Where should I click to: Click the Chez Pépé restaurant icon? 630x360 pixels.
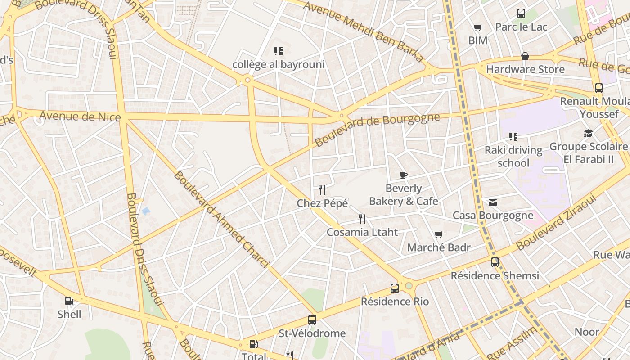(x=322, y=190)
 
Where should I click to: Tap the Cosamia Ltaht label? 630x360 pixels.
(x=362, y=232)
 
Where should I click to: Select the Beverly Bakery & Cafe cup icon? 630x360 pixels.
(x=404, y=175)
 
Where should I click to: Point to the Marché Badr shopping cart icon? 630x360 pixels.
(x=439, y=234)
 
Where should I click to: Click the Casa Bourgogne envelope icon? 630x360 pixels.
(x=493, y=202)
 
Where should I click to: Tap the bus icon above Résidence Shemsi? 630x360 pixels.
(x=495, y=262)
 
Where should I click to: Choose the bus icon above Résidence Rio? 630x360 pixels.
(x=395, y=288)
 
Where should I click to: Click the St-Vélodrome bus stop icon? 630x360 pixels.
(x=312, y=320)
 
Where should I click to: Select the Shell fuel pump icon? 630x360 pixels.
(x=69, y=301)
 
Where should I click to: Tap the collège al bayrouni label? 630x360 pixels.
(x=278, y=64)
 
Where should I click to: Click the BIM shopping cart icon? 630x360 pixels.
(x=478, y=27)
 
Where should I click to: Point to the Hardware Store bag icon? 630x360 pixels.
(x=525, y=56)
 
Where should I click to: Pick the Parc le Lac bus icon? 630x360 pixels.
(x=521, y=13)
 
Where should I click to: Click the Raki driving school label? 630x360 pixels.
(x=513, y=156)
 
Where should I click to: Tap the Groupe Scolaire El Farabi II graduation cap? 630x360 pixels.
(x=588, y=133)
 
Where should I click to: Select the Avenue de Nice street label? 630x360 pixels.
(x=80, y=117)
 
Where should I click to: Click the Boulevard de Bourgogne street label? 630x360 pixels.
(x=377, y=130)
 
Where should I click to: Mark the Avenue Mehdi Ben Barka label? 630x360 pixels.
(x=363, y=31)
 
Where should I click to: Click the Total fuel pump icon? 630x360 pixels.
(x=254, y=344)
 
